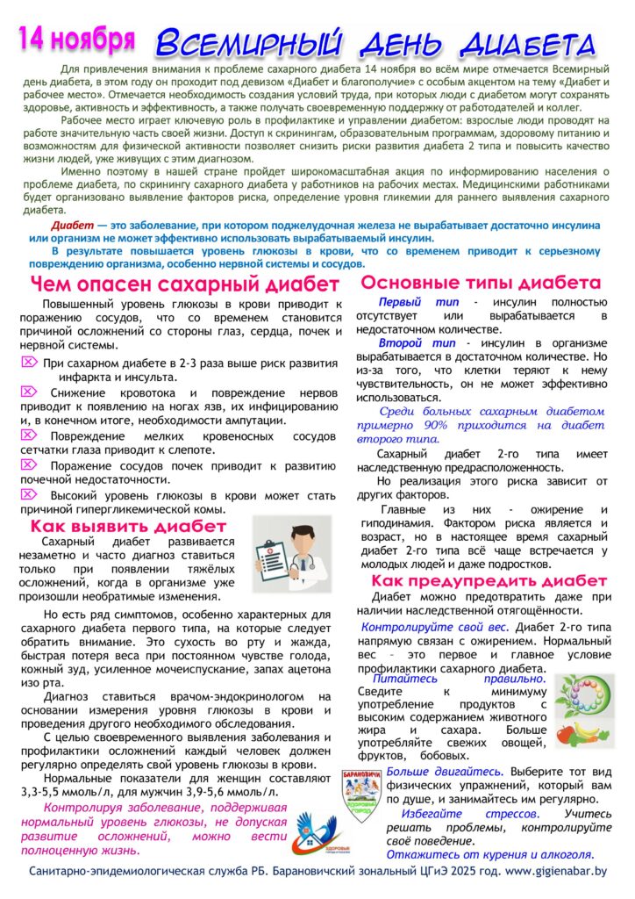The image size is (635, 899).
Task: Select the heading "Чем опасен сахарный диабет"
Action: (x=184, y=284)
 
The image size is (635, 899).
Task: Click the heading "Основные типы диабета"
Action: (x=482, y=283)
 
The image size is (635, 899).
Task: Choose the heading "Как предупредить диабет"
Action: (x=489, y=580)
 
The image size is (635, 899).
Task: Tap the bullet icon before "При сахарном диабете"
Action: (x=28, y=362)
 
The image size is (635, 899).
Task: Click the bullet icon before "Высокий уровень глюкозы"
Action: (x=28, y=495)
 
